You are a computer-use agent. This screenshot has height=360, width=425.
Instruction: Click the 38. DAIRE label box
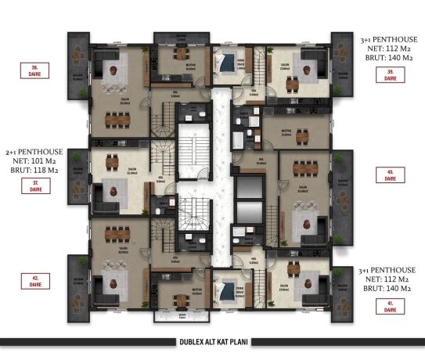pyautogui.click(x=35, y=70)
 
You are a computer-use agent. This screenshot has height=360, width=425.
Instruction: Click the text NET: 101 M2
pyautogui.click(x=33, y=162)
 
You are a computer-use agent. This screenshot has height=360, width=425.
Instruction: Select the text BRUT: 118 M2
pyautogui.click(x=33, y=170)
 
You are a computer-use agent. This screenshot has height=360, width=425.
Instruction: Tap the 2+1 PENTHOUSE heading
pyautogui.click(x=33, y=153)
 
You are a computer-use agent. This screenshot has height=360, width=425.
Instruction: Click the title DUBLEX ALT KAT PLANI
pyautogui.click(x=212, y=342)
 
